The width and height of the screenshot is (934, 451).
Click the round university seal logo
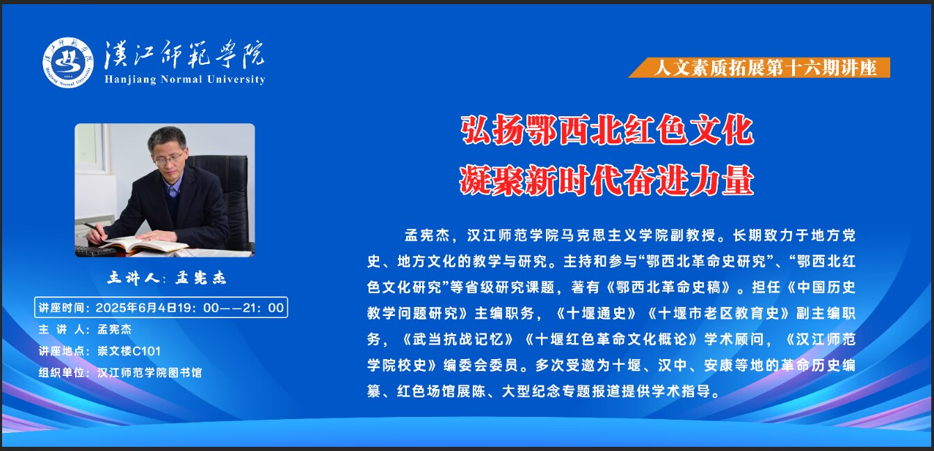68,63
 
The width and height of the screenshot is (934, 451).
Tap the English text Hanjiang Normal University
185,79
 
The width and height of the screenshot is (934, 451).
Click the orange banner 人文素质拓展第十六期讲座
759,68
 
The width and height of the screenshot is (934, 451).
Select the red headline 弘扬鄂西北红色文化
607,130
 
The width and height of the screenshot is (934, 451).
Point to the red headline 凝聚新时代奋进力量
607,181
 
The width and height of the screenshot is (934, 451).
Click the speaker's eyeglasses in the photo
168,159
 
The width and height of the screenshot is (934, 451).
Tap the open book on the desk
144,245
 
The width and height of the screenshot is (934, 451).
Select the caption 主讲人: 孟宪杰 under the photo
167,278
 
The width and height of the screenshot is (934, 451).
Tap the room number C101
146,351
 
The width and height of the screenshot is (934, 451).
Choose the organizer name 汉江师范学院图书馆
150,372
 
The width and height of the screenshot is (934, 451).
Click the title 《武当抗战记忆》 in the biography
457,339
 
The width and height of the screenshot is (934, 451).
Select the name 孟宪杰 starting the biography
427,236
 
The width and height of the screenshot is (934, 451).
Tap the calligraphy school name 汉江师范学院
184,54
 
